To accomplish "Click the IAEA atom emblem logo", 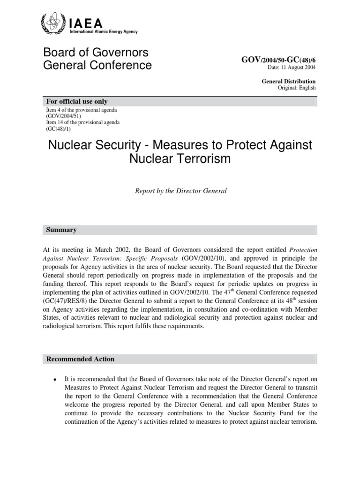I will [51, 23].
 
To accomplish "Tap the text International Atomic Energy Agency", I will [103, 31].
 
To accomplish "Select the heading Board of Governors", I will [96, 52].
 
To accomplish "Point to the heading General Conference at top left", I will [97, 65].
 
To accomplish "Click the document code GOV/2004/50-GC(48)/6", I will [278, 60].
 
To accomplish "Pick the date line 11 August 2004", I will [292, 67].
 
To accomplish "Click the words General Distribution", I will [288, 81].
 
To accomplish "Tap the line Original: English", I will [297, 88].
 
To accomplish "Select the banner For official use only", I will [76, 102].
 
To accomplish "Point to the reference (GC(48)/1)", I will [59, 128].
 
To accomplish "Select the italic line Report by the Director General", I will [180, 192].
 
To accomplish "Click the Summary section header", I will [61, 230].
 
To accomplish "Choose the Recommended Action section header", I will [80, 360].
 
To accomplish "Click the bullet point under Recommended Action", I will [55, 379].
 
